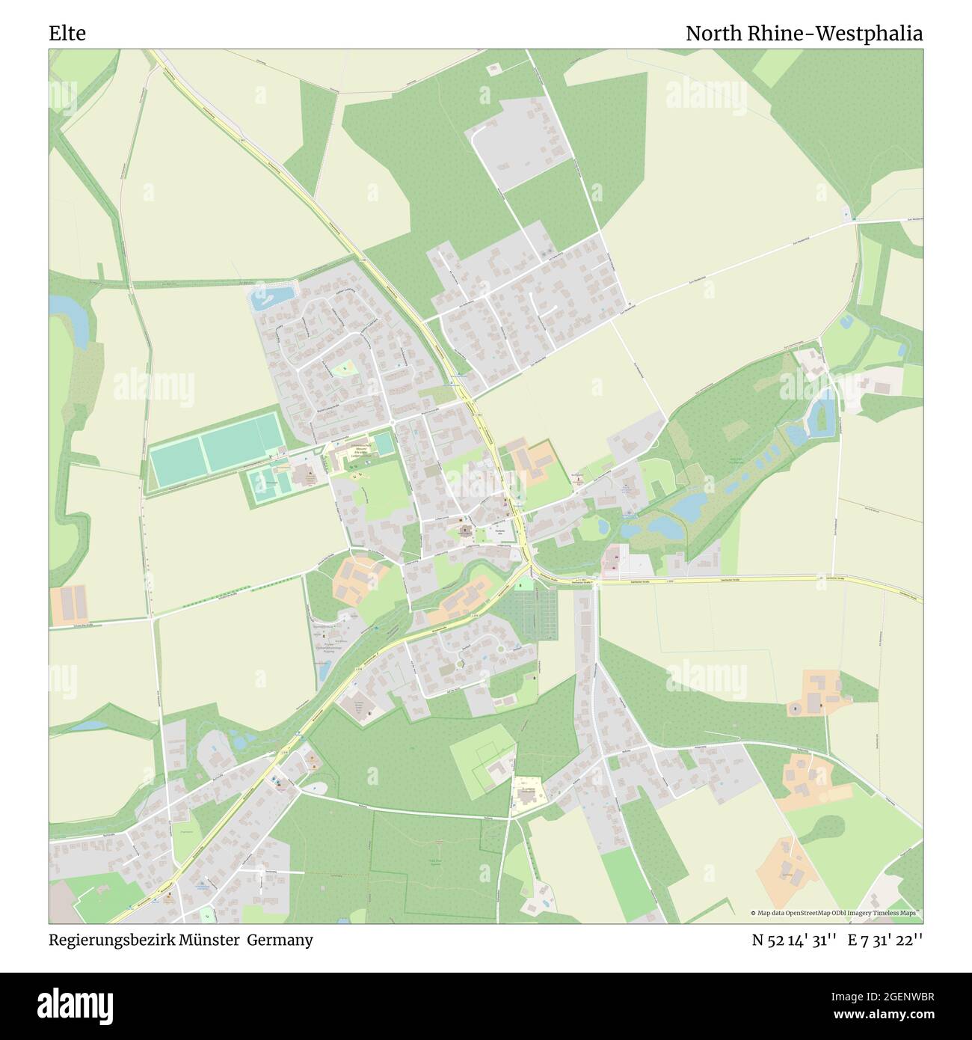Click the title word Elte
coord(67,34)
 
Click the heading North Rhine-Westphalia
coord(804,34)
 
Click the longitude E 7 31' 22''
coord(885,940)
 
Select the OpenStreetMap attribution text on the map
coord(836,913)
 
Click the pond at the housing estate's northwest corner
coord(272,298)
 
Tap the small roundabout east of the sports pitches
coord(393,426)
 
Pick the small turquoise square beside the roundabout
coord(384,444)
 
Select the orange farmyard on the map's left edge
coord(69,604)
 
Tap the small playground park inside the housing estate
coord(345,368)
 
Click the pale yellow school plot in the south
coord(528,794)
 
